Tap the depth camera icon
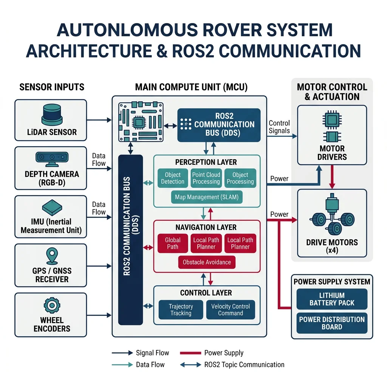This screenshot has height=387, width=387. (x=51, y=159)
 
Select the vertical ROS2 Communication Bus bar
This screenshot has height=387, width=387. (x=130, y=240)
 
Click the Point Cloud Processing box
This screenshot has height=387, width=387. (x=206, y=178)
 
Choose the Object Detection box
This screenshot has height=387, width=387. (x=173, y=178)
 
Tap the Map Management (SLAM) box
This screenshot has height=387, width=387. (x=207, y=197)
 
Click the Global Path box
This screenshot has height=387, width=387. (x=173, y=243)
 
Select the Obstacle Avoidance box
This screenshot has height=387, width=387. (x=207, y=262)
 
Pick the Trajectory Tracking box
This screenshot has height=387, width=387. (x=181, y=310)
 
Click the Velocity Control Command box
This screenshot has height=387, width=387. (x=231, y=310)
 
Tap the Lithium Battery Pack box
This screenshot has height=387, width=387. (x=332, y=299)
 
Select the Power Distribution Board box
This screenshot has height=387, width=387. (x=332, y=323)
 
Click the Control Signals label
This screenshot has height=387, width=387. (x=279, y=127)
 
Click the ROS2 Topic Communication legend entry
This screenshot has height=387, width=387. (x=244, y=365)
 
